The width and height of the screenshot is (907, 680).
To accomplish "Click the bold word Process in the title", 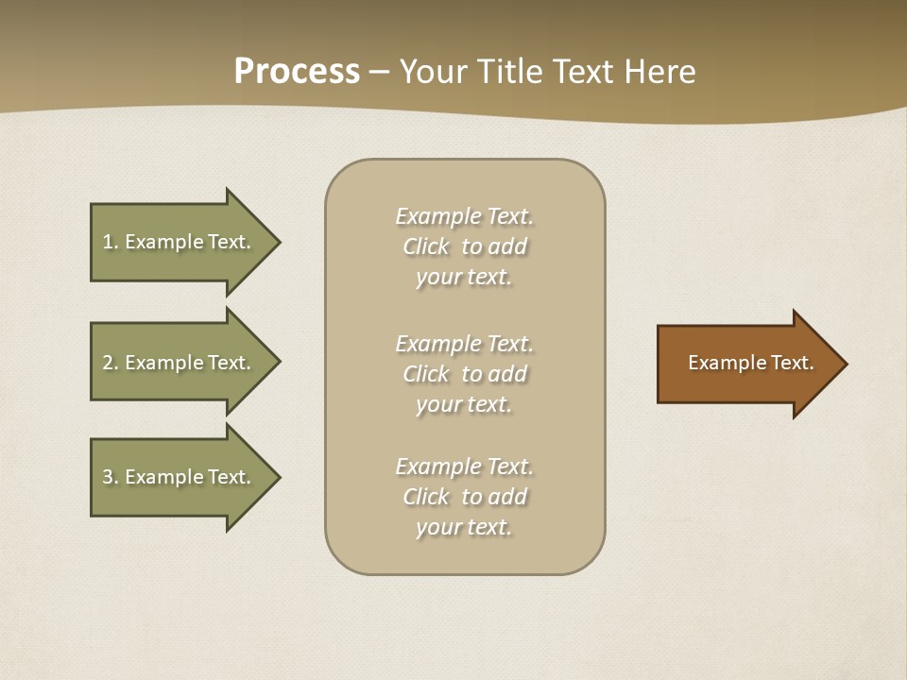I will (297, 72).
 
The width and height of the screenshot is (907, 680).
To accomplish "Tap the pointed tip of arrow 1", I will (277, 242).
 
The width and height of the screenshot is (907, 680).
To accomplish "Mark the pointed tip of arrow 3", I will (277, 477).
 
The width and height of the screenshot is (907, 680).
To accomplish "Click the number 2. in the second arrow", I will (110, 363).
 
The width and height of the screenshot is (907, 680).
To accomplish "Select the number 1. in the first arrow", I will (110, 242).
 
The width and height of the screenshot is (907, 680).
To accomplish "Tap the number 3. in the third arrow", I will (110, 477).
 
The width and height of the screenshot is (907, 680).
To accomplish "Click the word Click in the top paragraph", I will (426, 246).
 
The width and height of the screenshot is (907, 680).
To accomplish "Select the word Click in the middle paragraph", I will (426, 374).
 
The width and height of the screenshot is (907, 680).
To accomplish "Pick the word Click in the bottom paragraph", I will (426, 497).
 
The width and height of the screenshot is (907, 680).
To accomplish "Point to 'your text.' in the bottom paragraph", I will (464, 527).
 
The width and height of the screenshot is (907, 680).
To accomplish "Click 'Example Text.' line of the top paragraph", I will (464, 216).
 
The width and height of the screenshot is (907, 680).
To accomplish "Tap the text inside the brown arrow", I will (750, 363).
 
